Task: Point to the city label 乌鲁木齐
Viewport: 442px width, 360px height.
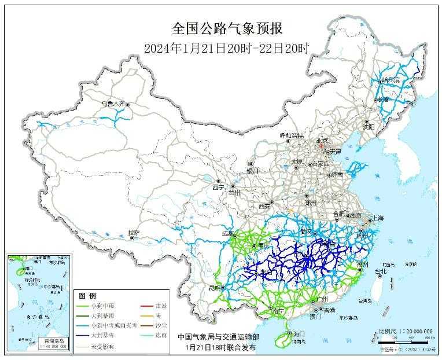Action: (x=113, y=104)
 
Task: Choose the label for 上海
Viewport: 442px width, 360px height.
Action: (x=378, y=218)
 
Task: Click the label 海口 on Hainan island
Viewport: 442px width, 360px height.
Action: (x=299, y=335)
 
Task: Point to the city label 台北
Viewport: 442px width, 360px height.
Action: (x=380, y=270)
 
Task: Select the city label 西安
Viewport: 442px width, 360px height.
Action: (x=264, y=205)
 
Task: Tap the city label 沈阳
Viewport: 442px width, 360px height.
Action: (x=369, y=126)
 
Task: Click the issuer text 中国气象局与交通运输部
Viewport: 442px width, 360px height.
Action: (x=219, y=336)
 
